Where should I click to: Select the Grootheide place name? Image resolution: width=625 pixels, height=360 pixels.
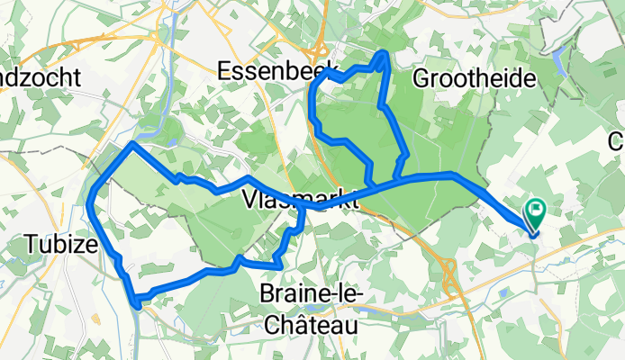point(474,78)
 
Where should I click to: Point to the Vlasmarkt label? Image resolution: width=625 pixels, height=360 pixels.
point(301,200)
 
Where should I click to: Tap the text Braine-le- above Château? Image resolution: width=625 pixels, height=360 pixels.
point(311,294)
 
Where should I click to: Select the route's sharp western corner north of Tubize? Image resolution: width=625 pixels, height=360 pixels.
point(132,143)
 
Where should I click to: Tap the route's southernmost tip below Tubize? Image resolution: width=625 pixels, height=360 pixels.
point(136,303)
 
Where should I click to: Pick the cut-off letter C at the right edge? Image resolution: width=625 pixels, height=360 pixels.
point(617,140)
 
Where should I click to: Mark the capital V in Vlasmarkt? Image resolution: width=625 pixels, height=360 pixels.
point(249,200)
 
